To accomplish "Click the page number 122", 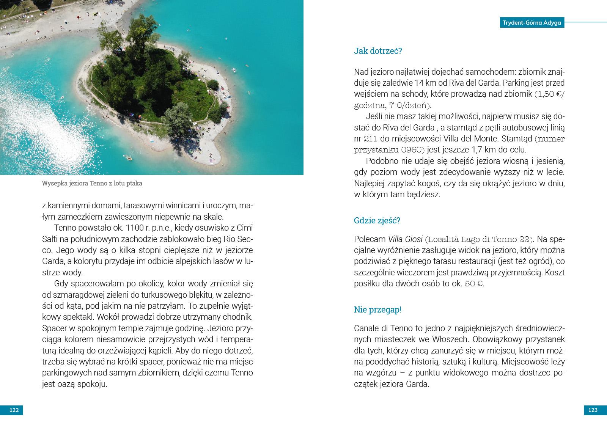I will pos(14,410).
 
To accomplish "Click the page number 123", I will pos(593,410).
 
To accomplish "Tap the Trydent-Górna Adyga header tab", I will pos(532,22).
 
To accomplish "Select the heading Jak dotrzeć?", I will pos(377,51).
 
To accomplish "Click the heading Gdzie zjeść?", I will pos(377,220).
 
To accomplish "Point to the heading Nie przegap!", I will pos(377,309).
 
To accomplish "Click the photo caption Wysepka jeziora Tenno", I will pos(92,184).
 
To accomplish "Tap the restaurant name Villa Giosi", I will pos(405,239).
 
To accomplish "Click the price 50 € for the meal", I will pos(474,284).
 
